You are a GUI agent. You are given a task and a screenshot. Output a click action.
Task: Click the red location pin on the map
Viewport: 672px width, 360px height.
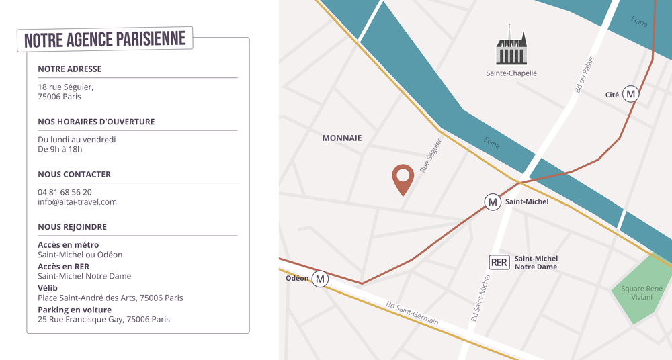click(x=403, y=179)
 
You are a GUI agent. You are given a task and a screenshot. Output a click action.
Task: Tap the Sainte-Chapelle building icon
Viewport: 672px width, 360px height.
click(x=511, y=47)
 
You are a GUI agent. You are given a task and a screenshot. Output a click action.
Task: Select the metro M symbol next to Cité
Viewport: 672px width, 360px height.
click(x=630, y=95)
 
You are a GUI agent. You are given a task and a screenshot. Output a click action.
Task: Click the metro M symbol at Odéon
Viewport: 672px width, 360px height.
click(x=320, y=279)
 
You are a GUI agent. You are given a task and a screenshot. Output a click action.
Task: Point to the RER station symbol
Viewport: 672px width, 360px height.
click(x=499, y=262)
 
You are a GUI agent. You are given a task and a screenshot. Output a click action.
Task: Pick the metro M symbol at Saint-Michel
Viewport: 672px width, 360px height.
click(x=493, y=201)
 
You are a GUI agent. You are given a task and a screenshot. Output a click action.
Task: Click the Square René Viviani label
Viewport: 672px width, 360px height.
click(x=642, y=293)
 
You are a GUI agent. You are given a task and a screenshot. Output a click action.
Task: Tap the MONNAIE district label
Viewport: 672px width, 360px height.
click(x=342, y=138)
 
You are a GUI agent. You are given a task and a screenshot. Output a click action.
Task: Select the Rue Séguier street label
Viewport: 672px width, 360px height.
click(x=431, y=156)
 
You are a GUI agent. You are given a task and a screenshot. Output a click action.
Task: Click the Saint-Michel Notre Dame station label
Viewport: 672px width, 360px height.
click(x=536, y=263)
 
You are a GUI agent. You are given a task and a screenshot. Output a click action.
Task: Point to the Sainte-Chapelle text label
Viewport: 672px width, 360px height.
click(x=511, y=73)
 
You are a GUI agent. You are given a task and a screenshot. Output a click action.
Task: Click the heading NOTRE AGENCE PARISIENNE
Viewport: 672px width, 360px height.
click(x=105, y=40)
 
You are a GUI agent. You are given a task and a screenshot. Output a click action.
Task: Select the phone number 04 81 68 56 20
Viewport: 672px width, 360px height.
click(x=65, y=192)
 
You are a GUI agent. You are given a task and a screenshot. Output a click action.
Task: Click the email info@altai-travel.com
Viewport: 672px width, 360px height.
click(x=77, y=201)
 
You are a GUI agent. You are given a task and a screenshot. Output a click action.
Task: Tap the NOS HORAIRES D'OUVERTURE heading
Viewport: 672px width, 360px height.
click(x=96, y=122)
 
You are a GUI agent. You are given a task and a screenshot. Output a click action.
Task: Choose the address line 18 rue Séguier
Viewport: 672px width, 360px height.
click(x=66, y=87)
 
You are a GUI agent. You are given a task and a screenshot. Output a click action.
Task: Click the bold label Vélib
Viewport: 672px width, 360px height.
click(x=48, y=287)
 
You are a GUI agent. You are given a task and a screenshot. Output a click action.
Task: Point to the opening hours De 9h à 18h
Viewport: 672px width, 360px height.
click(x=60, y=149)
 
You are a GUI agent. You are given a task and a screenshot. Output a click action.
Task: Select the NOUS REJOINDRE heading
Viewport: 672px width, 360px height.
click(x=72, y=227)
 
